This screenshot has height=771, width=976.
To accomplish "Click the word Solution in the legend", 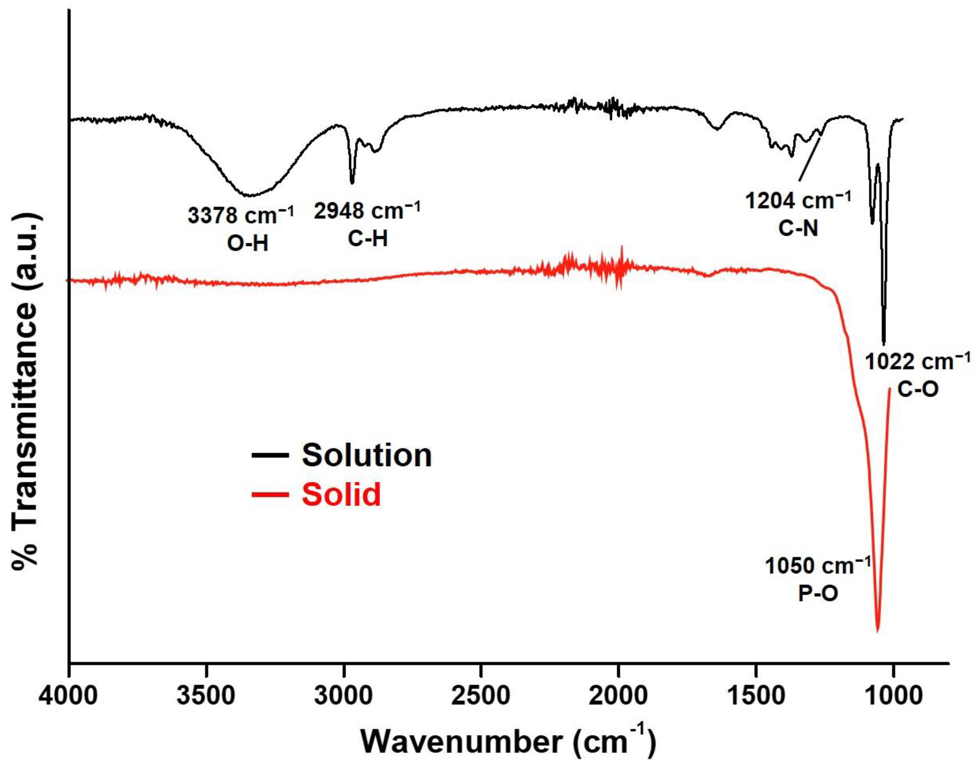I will coord(366,455).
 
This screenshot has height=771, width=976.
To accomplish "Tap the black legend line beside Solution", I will coord(270,455).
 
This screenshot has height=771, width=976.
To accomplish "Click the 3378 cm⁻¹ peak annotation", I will coord(240,216).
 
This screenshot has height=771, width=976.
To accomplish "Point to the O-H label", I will coord(247,244).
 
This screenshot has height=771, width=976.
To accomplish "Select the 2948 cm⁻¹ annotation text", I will coord(366,210).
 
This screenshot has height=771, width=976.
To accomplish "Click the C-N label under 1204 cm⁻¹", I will coord(798,229).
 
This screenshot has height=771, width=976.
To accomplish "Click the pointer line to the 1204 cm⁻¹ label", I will coord(809,158).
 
